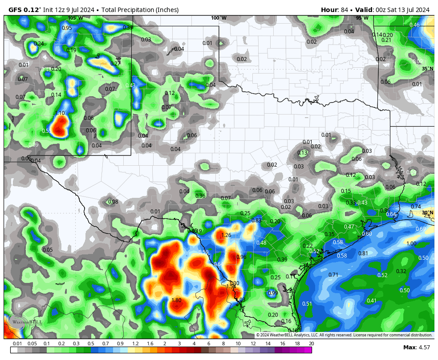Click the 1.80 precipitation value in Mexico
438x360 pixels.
click(x=176, y=300)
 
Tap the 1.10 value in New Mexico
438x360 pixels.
click(x=60, y=113)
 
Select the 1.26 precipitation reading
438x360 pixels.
click(x=226, y=235)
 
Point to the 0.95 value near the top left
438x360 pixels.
click(x=67, y=28)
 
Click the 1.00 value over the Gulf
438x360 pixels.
click(x=411, y=244)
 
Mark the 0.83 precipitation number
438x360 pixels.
click(x=256, y=221)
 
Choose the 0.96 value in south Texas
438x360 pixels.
click(x=241, y=257)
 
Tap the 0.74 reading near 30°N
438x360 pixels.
click(x=416, y=207)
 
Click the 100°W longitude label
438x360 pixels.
click(x=219, y=18)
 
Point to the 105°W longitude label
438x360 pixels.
click(x=75, y=18)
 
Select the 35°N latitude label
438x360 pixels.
click(x=427, y=69)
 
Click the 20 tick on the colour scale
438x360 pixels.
click(x=311, y=344)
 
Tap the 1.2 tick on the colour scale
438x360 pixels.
click(x=135, y=344)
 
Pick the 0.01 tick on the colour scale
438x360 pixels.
click(x=17, y=344)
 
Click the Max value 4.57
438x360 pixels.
click(x=423, y=348)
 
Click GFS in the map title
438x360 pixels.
click(x=16, y=10)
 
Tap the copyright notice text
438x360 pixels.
click(x=344, y=335)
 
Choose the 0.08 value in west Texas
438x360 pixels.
click(x=113, y=202)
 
